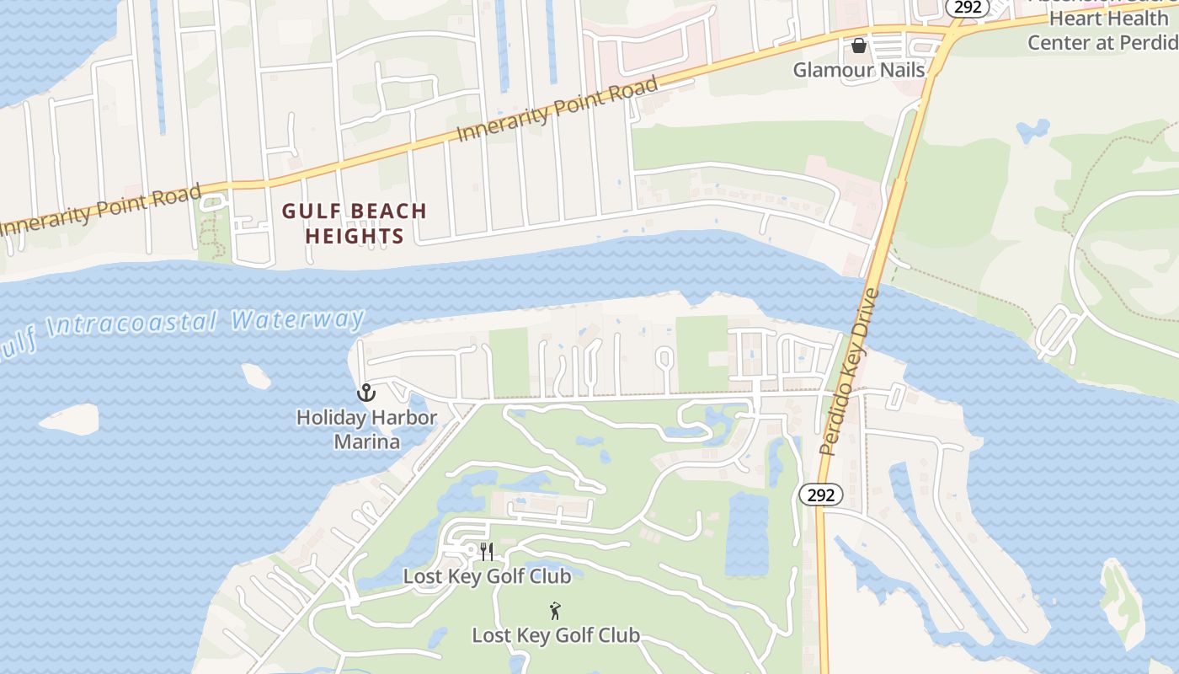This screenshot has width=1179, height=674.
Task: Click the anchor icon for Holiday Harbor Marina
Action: pyautogui.click(x=366, y=393)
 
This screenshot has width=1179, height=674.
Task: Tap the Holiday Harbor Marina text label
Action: pyautogui.click(x=366, y=430)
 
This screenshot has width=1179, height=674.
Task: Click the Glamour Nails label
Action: pyautogui.click(x=858, y=70)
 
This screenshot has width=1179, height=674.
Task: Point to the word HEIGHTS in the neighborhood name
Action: pyautogui.click(x=355, y=236)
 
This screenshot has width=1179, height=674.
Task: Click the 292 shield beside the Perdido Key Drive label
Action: pyautogui.click(x=820, y=495)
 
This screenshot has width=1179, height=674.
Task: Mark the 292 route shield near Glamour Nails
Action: pyautogui.click(x=967, y=7)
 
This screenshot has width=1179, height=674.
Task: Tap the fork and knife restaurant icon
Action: pyautogui.click(x=486, y=552)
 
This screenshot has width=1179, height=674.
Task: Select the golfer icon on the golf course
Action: pyautogui.click(x=555, y=611)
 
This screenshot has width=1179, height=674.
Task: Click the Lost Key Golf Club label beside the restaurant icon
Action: pyautogui.click(x=487, y=576)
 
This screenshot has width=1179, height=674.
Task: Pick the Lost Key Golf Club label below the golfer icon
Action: pyautogui.click(x=556, y=635)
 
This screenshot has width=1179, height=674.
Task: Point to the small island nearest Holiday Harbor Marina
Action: pyautogui.click(x=256, y=376)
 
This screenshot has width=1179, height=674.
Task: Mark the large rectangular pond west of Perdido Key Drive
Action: pyautogui.click(x=747, y=534)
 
